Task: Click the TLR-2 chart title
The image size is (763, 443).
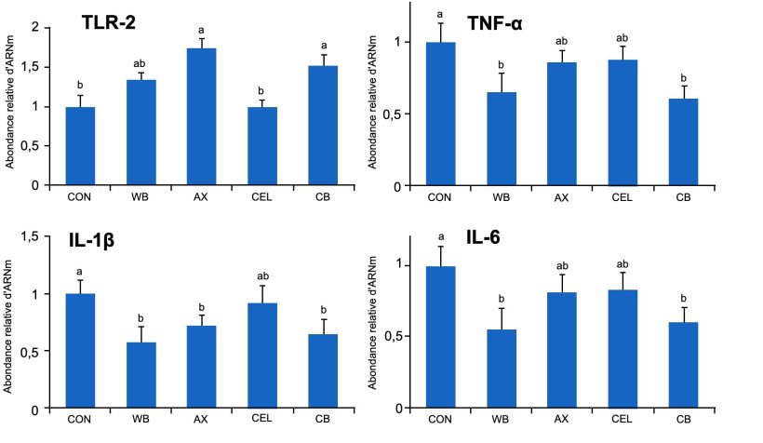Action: pyautogui.click(x=113, y=23)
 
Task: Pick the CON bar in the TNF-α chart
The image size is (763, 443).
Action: pyautogui.click(x=441, y=114)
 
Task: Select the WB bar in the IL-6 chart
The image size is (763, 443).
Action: pyautogui.click(x=501, y=369)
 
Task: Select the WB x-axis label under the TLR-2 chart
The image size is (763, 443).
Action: pyautogui.click(x=141, y=196)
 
